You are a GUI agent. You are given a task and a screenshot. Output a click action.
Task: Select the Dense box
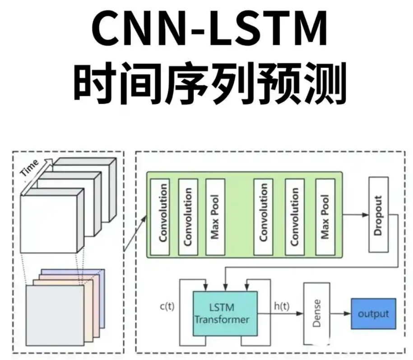316,314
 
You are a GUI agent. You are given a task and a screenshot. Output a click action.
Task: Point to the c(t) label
167,307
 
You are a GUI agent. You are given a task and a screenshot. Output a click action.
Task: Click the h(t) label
282,306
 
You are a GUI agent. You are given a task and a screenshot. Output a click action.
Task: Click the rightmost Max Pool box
324,215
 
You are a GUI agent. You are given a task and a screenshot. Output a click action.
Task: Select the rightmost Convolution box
294,215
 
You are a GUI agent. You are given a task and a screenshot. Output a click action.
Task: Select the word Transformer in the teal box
222,319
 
